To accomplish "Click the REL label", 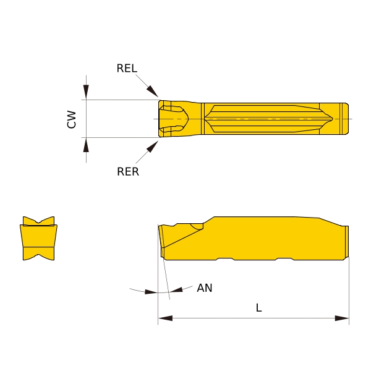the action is [127, 68].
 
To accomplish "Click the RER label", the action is [128, 171].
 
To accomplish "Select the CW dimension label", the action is [72, 119].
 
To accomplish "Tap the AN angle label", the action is [205, 288].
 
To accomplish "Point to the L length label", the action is [259, 308].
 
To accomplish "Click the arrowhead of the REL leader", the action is [152, 92].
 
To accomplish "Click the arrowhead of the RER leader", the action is [152, 147].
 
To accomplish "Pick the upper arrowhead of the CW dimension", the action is [86, 92].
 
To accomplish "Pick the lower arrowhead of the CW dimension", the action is [86, 145].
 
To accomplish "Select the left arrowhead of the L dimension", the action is [165, 318].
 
